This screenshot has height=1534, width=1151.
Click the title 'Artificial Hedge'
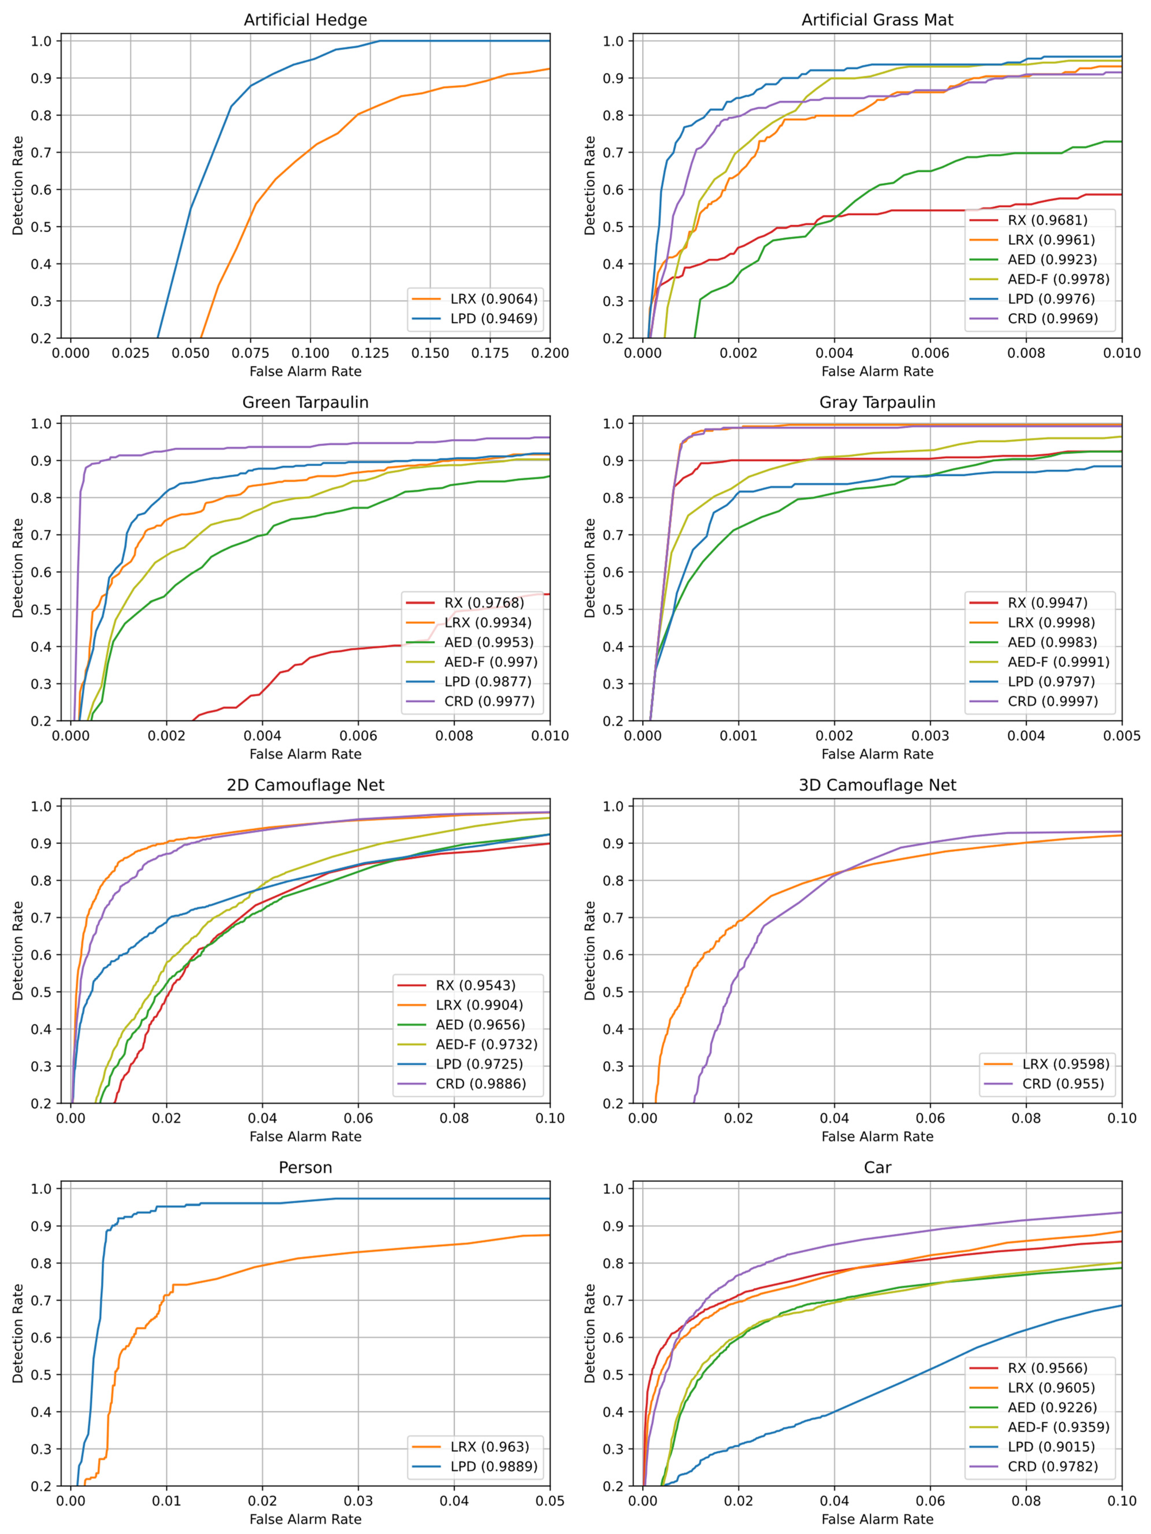305,20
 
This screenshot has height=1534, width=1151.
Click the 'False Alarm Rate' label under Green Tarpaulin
305,754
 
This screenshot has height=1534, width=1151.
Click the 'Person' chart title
305,1168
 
